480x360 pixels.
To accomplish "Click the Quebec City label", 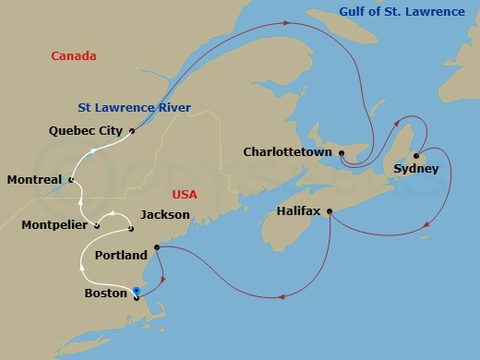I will click(x=85, y=131).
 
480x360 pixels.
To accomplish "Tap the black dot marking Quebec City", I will click(x=133, y=131).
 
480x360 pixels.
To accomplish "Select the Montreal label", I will click(x=33, y=179).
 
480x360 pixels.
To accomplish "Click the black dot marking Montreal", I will click(x=68, y=179).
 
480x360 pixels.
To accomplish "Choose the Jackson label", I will click(x=165, y=214).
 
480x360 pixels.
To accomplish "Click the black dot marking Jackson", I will click(x=132, y=228).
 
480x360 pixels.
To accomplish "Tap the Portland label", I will click(x=121, y=255).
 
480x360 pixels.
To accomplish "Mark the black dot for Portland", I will click(x=156, y=247).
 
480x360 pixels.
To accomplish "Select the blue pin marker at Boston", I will click(x=136, y=291).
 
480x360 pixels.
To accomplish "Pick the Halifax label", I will click(x=298, y=211).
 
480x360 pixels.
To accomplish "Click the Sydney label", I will click(x=410, y=169).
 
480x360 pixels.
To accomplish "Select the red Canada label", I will click(x=73, y=56).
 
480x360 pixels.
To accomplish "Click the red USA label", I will click(x=186, y=195).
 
